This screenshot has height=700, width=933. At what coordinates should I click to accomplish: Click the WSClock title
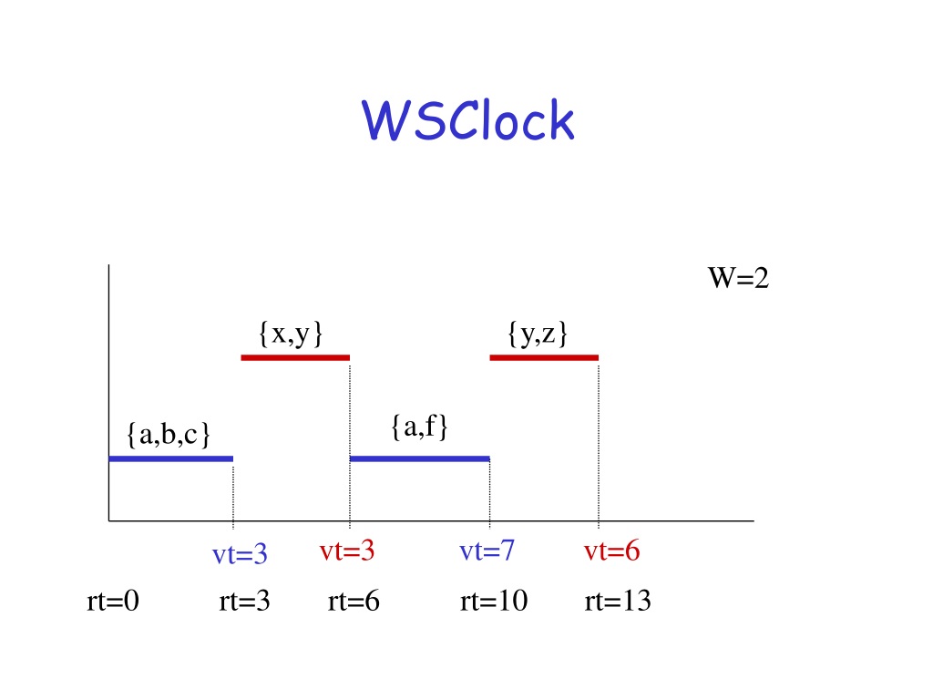tap(467, 120)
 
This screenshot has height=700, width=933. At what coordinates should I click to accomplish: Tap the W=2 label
tap(738, 277)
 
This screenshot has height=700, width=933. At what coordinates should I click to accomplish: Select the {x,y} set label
tap(291, 334)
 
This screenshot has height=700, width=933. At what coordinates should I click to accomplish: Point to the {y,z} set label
tap(538, 334)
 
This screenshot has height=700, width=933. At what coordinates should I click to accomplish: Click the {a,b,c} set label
tap(169, 435)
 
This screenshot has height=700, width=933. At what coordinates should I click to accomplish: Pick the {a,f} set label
tap(419, 427)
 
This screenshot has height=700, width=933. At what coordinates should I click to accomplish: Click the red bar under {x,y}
tap(295, 357)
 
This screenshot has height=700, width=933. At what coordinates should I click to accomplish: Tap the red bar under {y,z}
tap(544, 357)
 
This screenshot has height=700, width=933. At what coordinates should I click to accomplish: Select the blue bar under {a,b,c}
tap(170, 459)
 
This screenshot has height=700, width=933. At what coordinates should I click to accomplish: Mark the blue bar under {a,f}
tap(419, 459)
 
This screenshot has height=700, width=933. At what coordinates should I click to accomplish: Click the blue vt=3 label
tap(240, 554)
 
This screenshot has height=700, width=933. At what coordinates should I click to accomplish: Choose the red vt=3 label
tap(347, 551)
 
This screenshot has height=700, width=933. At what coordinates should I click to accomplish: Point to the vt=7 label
tap(487, 551)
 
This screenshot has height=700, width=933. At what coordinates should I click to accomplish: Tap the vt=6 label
tap(611, 551)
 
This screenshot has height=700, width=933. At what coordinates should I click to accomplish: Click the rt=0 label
tap(113, 601)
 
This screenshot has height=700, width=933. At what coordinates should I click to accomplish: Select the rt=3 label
tap(244, 601)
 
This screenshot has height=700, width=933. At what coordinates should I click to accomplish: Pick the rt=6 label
tap(354, 601)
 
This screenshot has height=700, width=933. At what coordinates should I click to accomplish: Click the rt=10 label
tap(494, 601)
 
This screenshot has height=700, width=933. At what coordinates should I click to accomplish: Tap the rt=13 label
tap(618, 601)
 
